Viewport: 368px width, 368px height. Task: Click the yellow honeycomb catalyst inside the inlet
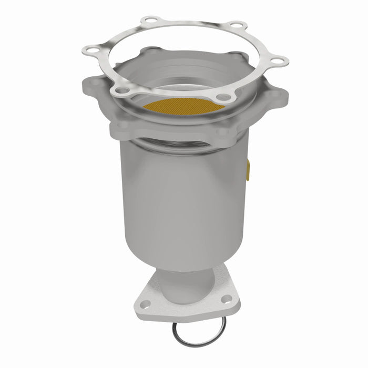(181, 107)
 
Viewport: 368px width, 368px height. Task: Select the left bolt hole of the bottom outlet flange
(147, 303)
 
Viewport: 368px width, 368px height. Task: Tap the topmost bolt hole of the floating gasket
(153, 22)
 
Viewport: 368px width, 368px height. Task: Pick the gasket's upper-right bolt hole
(237, 26)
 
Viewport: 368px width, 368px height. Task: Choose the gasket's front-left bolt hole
(122, 91)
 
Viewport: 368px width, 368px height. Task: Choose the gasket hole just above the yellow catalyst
(223, 97)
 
